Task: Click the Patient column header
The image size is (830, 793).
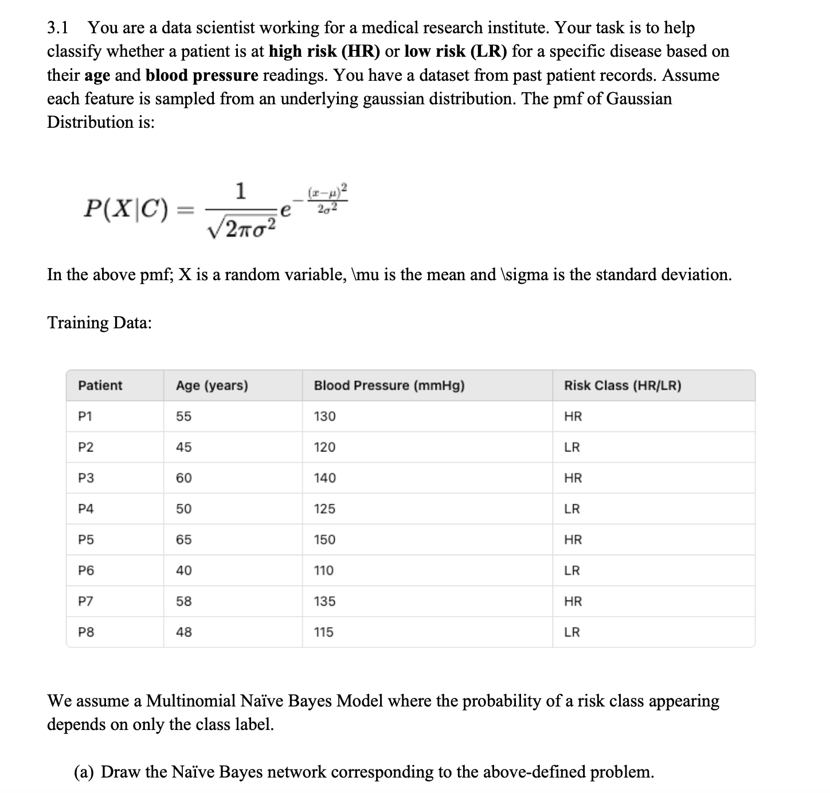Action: point(100,386)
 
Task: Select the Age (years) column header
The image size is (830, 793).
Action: point(212,386)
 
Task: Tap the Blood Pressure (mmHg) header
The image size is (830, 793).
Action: point(389,386)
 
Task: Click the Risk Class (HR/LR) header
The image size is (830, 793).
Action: point(622,386)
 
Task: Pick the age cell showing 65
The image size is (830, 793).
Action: point(183,540)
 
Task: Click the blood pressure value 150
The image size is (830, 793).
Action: point(324,540)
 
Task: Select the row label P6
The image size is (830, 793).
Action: point(85,571)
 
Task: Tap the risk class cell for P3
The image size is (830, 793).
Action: point(573,478)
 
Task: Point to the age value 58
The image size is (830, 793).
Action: point(183,602)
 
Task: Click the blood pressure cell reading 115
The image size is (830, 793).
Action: point(324,633)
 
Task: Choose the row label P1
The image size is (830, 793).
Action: point(85,417)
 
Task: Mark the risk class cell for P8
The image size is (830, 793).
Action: point(572,633)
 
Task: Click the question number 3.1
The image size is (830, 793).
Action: point(58,28)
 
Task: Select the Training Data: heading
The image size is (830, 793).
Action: point(99,323)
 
